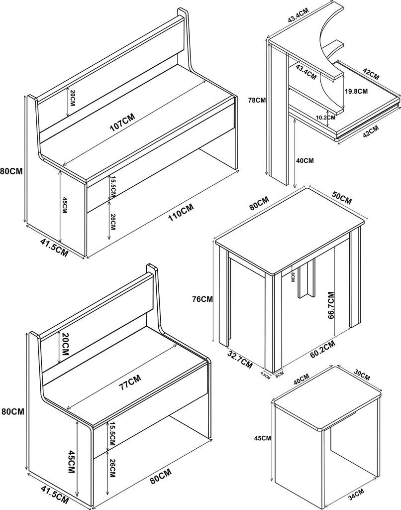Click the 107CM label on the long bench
pyautogui.click(x=122, y=121)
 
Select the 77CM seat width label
pyautogui.click(x=130, y=382)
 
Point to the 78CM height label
pyautogui.click(x=257, y=100)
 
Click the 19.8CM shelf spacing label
pyautogui.click(x=356, y=92)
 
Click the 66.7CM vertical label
pyautogui.click(x=331, y=305)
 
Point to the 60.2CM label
pyautogui.click(x=323, y=350)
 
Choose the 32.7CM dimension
pyautogui.click(x=240, y=360)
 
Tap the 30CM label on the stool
pyautogui.click(x=361, y=376)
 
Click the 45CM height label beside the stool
pyautogui.click(x=263, y=438)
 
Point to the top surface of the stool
pyautogui.click(x=327, y=395)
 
